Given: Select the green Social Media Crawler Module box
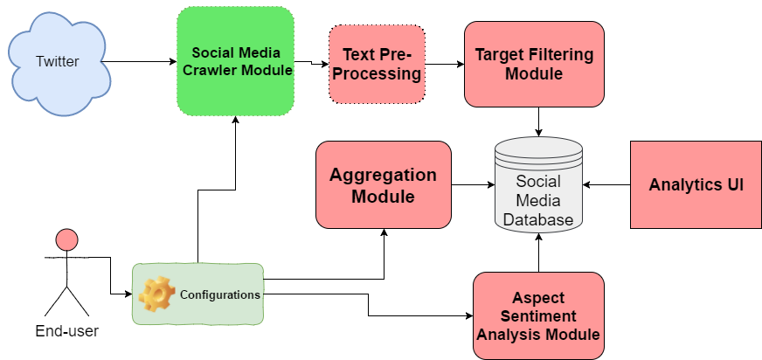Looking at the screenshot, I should [235, 61].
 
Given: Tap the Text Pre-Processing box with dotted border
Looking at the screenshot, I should [377, 65].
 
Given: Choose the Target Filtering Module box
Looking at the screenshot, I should [534, 64].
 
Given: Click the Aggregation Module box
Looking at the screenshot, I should [383, 184].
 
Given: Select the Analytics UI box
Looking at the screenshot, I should [696, 185].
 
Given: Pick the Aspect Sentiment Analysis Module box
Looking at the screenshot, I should [538, 315].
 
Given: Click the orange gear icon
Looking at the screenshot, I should [157, 294].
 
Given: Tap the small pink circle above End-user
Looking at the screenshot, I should [66, 239].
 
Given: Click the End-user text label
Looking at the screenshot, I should [66, 332].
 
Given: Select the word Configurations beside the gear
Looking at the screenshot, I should [219, 294].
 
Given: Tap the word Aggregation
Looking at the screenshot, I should [383, 174].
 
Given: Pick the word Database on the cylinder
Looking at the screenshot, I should [538, 219].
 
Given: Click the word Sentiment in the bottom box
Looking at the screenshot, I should [538, 315].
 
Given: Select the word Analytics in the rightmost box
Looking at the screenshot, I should [683, 185].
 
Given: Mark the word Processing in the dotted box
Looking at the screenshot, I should [377, 74].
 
